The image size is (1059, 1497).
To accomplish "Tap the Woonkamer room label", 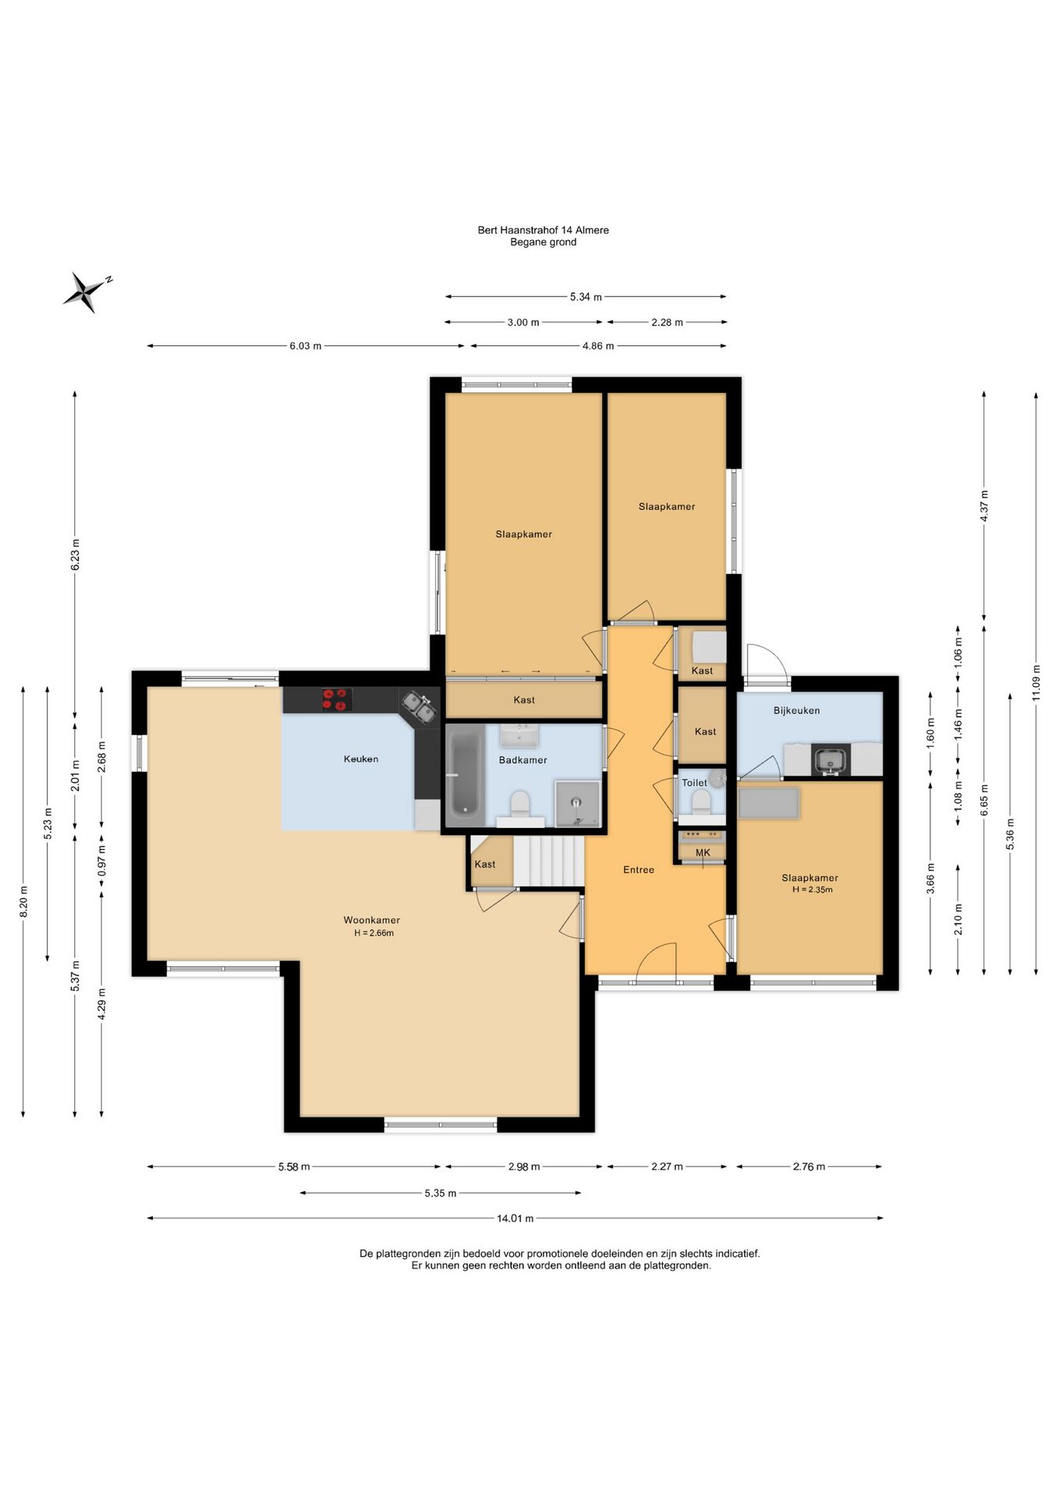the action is click(372, 920).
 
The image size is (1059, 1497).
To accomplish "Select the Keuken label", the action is click(361, 759).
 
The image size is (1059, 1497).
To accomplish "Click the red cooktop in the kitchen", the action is click(337, 699).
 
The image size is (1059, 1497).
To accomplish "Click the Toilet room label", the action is click(694, 783).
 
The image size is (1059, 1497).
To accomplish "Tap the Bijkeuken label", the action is click(796, 710).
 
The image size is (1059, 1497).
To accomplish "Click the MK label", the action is click(703, 853).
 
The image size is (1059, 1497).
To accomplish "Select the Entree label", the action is click(639, 869).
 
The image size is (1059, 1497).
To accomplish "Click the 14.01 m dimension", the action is click(515, 1218).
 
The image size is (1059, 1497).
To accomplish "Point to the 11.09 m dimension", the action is click(1036, 683).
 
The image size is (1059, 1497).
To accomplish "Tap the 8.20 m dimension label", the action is click(23, 901).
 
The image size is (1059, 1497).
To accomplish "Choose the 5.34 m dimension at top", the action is click(586, 296).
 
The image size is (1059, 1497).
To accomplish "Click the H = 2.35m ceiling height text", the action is click(812, 890).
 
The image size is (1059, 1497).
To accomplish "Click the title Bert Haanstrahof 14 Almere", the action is click(544, 230).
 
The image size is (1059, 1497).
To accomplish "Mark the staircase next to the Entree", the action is click(548, 862).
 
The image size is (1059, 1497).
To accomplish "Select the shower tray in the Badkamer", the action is click(578, 803).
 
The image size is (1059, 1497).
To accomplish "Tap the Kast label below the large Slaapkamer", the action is click(524, 700).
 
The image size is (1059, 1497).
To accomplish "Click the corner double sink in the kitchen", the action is click(419, 706).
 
